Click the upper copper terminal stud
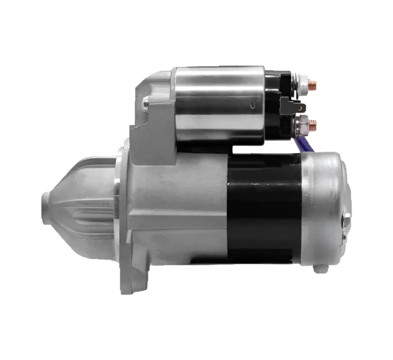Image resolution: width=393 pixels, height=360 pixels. coord(313,84)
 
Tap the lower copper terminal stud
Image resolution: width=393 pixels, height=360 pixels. coord(313,124)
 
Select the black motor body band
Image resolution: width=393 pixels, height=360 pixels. coord(263,207)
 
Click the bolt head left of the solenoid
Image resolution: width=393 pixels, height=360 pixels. coord(146,104)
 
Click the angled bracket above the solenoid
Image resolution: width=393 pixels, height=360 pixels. coord(155,83)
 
